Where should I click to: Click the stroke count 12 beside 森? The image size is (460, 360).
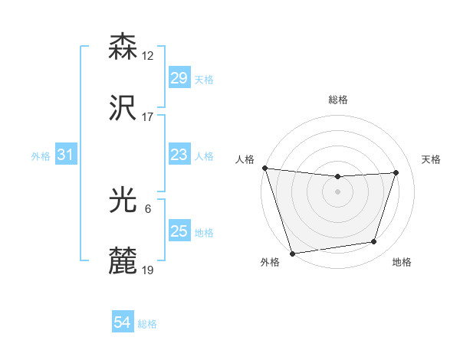(x=148, y=56)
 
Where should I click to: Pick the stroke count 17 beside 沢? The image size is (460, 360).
(x=148, y=117)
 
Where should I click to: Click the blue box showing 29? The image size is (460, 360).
(x=179, y=78)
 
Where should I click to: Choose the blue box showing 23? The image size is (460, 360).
(x=179, y=155)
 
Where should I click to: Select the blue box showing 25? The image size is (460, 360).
(x=179, y=231)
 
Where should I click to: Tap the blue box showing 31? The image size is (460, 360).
(x=66, y=155)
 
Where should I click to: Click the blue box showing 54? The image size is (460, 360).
(x=123, y=323)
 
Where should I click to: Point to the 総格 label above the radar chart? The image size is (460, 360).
(x=338, y=100)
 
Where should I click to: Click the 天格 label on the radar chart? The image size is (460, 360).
(x=431, y=159)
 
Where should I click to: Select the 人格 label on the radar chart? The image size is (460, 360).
(x=245, y=159)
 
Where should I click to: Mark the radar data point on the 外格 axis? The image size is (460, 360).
(x=292, y=253)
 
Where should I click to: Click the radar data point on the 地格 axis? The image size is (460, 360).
(x=374, y=242)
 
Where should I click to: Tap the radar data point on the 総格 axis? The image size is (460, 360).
(x=338, y=177)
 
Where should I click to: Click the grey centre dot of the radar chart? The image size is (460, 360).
(x=338, y=191)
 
